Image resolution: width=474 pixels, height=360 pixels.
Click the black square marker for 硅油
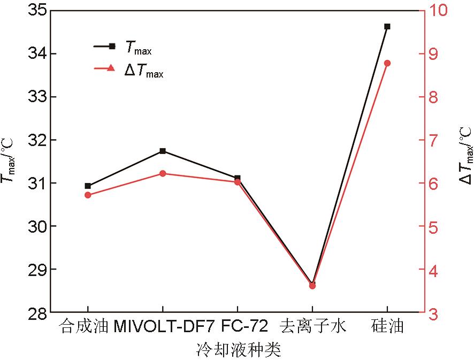(387, 26)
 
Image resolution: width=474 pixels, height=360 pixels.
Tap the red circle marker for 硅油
(387, 63)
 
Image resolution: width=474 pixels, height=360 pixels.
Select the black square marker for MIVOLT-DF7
(163, 151)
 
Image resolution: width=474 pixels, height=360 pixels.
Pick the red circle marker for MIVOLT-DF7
(163, 173)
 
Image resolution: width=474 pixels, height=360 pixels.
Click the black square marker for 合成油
(88, 186)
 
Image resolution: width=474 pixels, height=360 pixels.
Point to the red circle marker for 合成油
(88, 195)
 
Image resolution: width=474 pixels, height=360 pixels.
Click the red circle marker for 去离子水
(312, 286)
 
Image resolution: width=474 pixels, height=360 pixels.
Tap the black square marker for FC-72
(238, 178)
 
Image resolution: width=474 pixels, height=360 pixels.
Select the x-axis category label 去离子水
(312, 326)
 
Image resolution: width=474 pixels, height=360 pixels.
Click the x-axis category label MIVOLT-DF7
(163, 326)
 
